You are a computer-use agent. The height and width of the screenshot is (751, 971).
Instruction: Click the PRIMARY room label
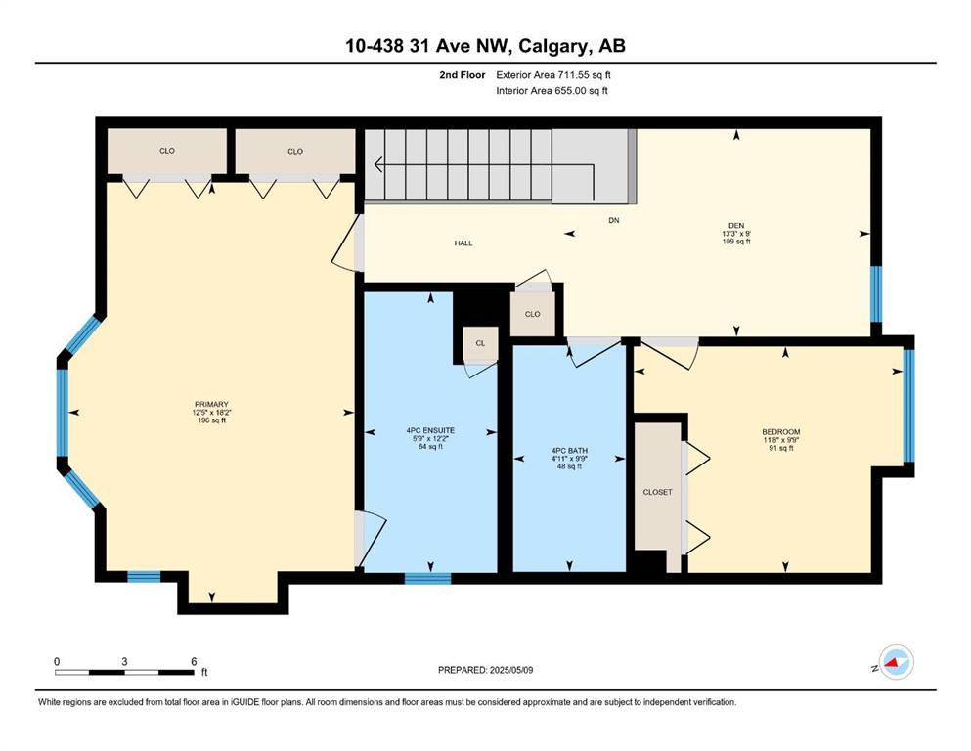tap(211, 404)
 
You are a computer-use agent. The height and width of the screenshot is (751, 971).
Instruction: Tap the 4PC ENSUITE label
tap(430, 430)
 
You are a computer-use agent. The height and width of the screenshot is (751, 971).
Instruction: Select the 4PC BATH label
tap(569, 451)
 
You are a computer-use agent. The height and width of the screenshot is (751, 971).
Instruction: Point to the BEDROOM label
tap(781, 432)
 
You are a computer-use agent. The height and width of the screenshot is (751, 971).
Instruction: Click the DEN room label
tap(736, 225)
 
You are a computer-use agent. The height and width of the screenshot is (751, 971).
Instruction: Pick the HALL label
tap(463, 243)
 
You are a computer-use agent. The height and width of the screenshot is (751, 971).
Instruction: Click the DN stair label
tap(614, 220)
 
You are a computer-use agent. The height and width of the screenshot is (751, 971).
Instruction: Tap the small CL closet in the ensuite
tap(480, 343)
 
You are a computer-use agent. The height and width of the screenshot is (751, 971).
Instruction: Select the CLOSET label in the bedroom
tap(658, 492)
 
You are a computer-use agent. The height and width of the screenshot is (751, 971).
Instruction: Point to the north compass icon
tap(896, 662)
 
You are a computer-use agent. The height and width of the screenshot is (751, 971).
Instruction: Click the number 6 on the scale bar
tap(194, 661)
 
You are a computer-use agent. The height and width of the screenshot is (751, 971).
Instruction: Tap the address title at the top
tap(485, 46)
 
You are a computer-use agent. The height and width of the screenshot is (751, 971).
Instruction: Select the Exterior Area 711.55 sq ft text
tap(553, 75)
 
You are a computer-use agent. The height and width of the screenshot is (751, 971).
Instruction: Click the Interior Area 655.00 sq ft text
tap(552, 91)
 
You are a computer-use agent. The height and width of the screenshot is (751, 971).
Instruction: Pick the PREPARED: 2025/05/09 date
tap(485, 670)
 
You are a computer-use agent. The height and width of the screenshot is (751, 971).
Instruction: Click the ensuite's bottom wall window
tap(428, 578)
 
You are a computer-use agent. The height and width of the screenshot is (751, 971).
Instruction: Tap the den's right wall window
tap(876, 294)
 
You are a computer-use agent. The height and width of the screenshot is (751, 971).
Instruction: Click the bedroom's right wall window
tap(908, 406)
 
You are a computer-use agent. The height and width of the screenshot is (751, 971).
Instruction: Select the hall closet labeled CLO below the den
tap(533, 314)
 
